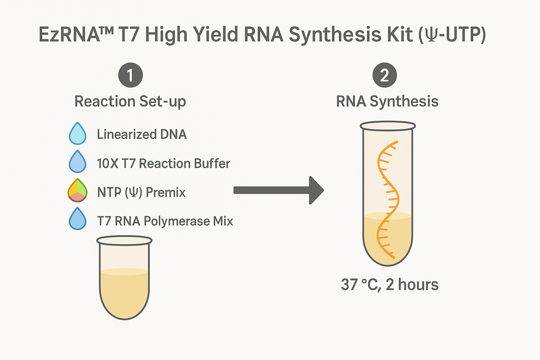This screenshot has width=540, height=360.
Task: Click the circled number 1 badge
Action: [130, 75]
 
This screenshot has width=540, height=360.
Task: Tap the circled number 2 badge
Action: [385, 75]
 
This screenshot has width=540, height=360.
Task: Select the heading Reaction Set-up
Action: [130, 102]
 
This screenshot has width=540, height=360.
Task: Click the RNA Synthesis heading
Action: [387, 102]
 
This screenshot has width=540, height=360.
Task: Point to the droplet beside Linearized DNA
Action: [77, 134]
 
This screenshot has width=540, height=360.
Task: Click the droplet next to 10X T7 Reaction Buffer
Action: [77, 162]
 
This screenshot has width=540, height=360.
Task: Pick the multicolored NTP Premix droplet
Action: [77, 191]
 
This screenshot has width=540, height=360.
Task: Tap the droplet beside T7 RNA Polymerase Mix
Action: [77, 219]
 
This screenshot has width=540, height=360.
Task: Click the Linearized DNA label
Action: [142, 134]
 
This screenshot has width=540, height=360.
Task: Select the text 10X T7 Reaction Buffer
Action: [163, 163]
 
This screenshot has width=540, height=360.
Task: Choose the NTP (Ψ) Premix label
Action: [141, 192]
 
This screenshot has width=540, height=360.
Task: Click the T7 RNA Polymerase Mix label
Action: [165, 221]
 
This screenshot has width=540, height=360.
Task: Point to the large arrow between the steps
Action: [278, 190]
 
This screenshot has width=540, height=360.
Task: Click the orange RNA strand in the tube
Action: [388, 197]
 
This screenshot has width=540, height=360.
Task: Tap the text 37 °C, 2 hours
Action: [390, 284]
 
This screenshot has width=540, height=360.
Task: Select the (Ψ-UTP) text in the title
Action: [452, 35]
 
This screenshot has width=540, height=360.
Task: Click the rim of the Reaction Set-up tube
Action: [124, 240]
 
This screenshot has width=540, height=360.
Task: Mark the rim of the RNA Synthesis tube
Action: [388, 126]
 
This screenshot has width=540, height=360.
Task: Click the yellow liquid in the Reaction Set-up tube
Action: [124, 292]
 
